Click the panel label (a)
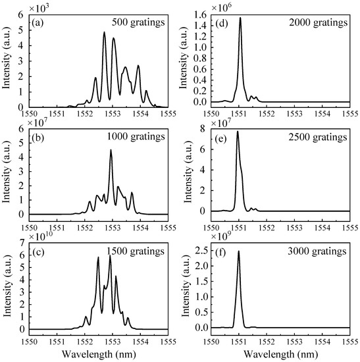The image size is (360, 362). pyautogui.click(x=39, y=29)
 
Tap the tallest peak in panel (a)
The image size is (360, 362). pyautogui.click(x=104, y=33)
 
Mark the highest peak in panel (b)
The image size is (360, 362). pyautogui.click(x=111, y=151)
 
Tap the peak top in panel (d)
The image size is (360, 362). pyautogui.click(x=240, y=18)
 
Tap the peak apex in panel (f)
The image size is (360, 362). pyautogui.click(x=238, y=251)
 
